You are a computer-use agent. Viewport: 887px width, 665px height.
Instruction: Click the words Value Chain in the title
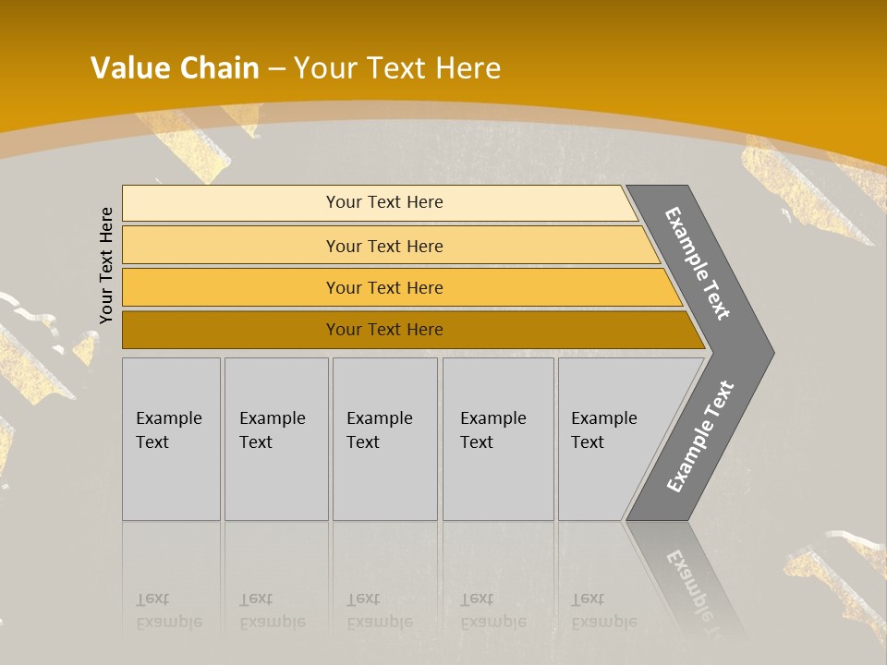[175, 68]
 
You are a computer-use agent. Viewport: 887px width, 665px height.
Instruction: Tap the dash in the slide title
[276, 69]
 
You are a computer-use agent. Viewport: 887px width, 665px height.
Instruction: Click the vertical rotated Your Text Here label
[106, 265]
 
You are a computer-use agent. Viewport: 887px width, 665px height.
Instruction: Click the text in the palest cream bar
[384, 202]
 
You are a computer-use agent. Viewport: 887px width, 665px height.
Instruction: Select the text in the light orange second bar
[384, 246]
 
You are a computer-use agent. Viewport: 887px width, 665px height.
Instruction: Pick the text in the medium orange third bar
[384, 287]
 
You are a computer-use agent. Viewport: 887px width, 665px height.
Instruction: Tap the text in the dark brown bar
[384, 329]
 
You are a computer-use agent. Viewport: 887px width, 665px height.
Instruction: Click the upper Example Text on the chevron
[698, 263]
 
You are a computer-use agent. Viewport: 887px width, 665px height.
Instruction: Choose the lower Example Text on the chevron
[699, 436]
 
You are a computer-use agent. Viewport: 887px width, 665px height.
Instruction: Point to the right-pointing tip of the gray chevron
[772, 353]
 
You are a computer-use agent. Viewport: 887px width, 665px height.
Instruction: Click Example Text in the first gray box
[168, 430]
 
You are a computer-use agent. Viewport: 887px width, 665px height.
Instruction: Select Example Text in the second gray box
[272, 430]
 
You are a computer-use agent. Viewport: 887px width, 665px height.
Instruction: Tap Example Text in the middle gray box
[379, 430]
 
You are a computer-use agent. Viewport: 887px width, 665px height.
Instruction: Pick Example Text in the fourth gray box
[492, 430]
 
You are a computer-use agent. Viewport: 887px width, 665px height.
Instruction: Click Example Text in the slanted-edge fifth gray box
[603, 430]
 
